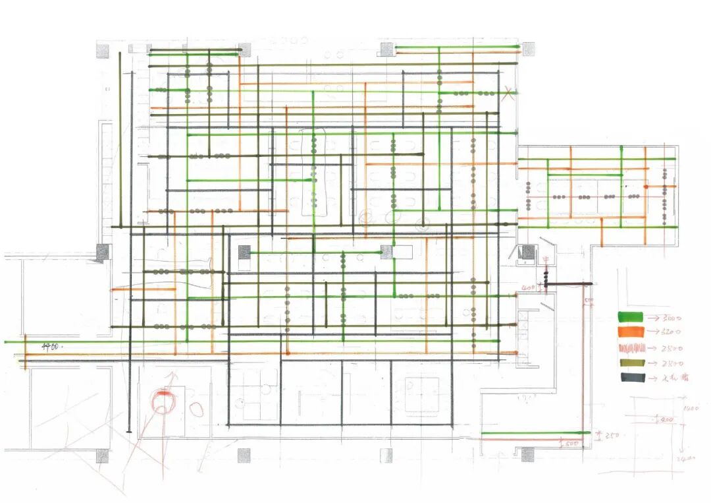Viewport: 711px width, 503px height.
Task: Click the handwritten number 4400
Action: pos(52,345)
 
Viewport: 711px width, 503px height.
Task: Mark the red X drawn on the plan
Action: pos(507,94)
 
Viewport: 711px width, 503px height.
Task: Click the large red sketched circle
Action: pos(162,402)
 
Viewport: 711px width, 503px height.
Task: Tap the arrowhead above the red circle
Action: pos(174,376)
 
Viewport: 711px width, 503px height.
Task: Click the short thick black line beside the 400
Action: pos(569,283)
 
